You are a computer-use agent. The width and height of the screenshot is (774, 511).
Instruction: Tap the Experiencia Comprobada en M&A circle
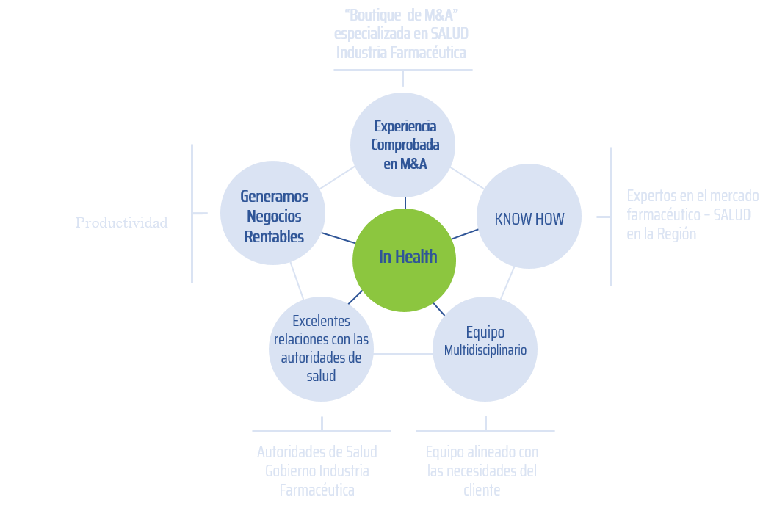pos(403,145)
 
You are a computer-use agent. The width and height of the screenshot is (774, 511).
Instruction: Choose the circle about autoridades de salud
pos(321,349)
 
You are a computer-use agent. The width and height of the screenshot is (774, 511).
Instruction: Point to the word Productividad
pos(122,222)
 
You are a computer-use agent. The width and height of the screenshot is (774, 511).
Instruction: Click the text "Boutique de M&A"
pos(402,15)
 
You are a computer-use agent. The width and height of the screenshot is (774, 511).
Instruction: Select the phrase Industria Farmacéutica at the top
pos(401,53)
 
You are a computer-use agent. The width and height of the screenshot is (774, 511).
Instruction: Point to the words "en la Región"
pos(661,235)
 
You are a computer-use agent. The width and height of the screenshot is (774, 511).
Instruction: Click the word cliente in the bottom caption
pos(482,490)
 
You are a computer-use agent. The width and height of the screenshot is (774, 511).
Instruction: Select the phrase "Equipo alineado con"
pos(482,452)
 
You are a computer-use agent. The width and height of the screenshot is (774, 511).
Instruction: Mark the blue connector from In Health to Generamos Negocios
pos(339,239)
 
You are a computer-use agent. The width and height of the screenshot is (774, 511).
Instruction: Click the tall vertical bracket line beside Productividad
pos(192,213)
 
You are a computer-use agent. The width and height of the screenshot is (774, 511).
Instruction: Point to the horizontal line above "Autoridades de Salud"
pos(321,430)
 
